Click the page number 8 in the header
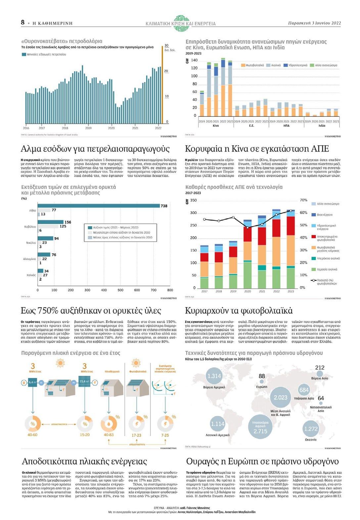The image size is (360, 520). tap(23, 22)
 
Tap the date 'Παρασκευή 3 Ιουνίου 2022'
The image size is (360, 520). tap(314, 23)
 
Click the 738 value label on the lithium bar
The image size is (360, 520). tap(164, 206)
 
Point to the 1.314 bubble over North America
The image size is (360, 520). tap(214, 376)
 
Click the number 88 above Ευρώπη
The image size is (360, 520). tap(262, 376)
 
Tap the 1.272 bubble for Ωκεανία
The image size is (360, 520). tap(311, 429)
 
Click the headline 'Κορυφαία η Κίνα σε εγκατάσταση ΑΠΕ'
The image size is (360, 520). tap(257, 149)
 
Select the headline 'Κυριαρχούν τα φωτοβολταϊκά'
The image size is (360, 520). tap(239, 311)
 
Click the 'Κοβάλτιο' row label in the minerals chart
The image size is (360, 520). tap(30, 227)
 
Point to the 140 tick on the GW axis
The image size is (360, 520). tap(194, 60)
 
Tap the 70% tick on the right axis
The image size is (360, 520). tap(303, 200)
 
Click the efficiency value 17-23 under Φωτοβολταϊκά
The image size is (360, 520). tap(136, 435)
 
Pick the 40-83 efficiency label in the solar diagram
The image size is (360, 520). tap(109, 435)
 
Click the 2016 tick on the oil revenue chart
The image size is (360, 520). tap(26, 128)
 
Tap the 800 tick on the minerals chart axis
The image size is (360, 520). tap(170, 290)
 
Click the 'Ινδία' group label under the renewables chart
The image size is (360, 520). tap(322, 126)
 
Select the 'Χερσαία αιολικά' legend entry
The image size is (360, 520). tap(327, 269)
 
